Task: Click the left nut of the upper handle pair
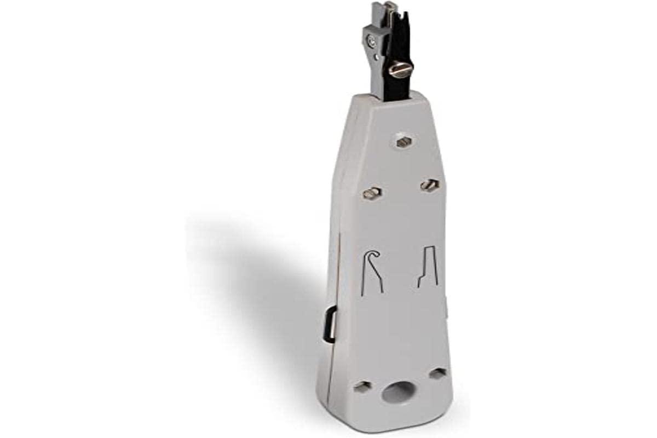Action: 372,193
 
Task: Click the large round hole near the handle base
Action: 401,392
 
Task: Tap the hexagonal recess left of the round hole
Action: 362,387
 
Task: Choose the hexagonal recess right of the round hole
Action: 437,374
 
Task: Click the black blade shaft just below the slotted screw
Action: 399,88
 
